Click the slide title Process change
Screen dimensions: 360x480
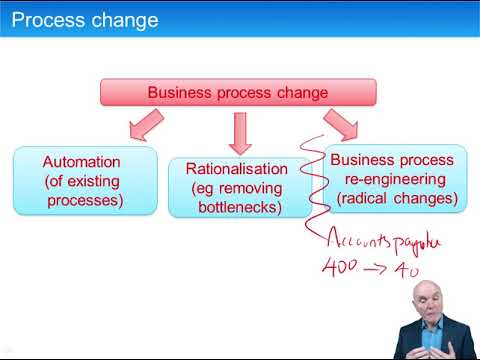pyautogui.click(x=84, y=20)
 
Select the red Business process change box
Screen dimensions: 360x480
pyautogui.click(x=237, y=93)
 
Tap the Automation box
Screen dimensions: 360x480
pyautogui.click(x=84, y=180)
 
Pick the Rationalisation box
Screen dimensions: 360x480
pyautogui.click(x=237, y=187)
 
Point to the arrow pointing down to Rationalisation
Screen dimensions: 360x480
pyautogui.click(x=240, y=132)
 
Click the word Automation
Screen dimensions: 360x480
pyautogui.click(x=81, y=161)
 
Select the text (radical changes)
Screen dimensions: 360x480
pyautogui.click(x=397, y=198)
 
